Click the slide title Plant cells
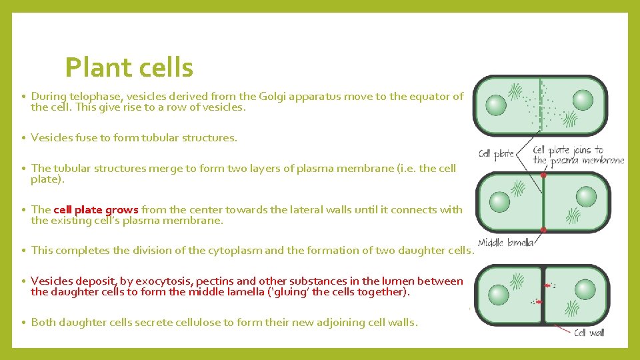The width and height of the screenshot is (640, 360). tap(129, 67)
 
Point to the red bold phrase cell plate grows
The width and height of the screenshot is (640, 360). tap(95, 209)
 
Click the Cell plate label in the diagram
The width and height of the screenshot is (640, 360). tap(497, 154)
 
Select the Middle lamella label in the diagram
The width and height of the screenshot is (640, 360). tap(506, 243)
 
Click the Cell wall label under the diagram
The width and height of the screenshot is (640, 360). tap(589, 332)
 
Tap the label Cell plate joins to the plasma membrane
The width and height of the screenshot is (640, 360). tap(578, 155)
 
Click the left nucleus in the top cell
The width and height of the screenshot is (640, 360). tap(495, 105)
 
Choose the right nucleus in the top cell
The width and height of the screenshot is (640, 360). tap(583, 101)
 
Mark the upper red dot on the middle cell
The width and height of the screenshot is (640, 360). tap(543, 176)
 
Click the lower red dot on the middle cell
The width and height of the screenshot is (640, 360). tap(543, 229)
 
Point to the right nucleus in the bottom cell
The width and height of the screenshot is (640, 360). tap(585, 289)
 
